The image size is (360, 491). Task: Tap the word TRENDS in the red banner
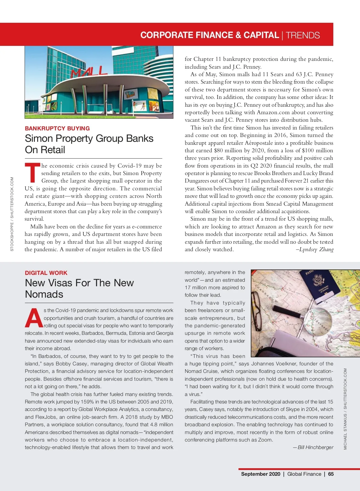[x=303, y=35]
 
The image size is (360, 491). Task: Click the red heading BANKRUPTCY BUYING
[x=57, y=128]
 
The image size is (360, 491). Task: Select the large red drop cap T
[x=32, y=173]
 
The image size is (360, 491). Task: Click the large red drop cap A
[x=34, y=318]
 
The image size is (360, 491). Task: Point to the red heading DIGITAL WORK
[x=46, y=273]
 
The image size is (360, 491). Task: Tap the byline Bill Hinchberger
[x=315, y=447]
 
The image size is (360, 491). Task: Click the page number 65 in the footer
[x=331, y=474]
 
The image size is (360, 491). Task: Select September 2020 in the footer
[x=260, y=474]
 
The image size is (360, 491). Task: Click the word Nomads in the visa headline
[x=44, y=294]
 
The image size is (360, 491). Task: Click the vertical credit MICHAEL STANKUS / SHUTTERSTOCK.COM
[x=345, y=409]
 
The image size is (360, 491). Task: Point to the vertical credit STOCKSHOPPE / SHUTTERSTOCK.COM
[x=12, y=214]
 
